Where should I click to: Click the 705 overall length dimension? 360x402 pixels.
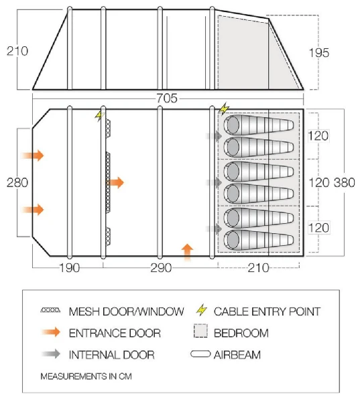167,98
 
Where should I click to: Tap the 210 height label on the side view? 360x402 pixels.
17,51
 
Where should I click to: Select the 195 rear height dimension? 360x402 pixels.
318,53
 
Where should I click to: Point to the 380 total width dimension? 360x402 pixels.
345,183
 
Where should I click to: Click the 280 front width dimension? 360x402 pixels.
17,183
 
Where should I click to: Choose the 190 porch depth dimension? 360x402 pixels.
69,268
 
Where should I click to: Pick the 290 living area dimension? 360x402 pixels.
161,268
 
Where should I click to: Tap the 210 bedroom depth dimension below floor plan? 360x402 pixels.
258,268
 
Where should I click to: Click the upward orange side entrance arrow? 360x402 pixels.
187,253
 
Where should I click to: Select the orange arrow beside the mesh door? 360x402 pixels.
115,182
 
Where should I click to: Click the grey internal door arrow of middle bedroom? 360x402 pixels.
214,182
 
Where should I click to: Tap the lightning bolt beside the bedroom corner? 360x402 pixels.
224,109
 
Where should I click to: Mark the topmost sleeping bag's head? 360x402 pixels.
232,125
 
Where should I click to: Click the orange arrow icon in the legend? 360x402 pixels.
51,332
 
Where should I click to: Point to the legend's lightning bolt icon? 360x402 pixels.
201,310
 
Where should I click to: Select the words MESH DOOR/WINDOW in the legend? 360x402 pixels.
126,312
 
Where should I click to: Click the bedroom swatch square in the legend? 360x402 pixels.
200,331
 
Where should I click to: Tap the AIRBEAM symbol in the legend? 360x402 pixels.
200,354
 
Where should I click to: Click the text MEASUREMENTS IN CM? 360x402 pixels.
86,377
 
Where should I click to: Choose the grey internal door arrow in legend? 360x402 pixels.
51,354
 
